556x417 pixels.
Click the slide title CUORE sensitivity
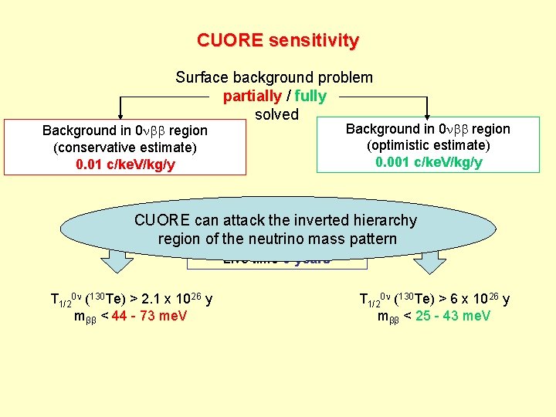(277, 40)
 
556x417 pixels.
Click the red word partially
(252, 97)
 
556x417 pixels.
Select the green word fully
(310, 97)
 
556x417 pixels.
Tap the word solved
(276, 114)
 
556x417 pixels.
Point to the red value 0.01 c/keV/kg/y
(125, 164)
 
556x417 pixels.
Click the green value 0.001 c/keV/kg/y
(429, 162)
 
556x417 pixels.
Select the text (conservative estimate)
(125, 147)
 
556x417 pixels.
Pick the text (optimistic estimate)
(429, 145)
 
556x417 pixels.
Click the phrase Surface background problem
(274, 77)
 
